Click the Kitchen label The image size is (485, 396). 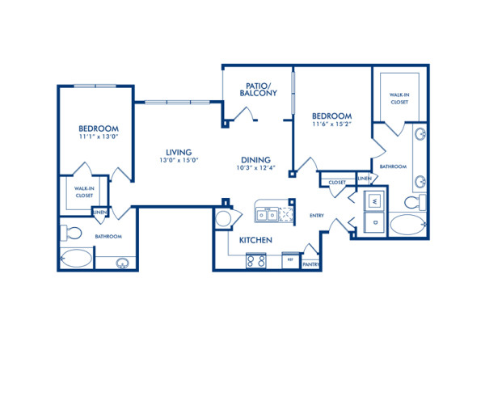click(255, 241)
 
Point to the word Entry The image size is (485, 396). click(317, 216)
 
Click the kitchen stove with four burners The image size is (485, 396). click(256, 260)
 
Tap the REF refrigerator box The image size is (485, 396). click(289, 260)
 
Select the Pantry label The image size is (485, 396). click(310, 264)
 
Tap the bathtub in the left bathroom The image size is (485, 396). click(77, 259)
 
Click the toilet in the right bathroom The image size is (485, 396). click(414, 201)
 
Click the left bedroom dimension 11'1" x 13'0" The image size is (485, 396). click(99, 138)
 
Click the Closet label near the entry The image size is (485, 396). click(337, 183)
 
